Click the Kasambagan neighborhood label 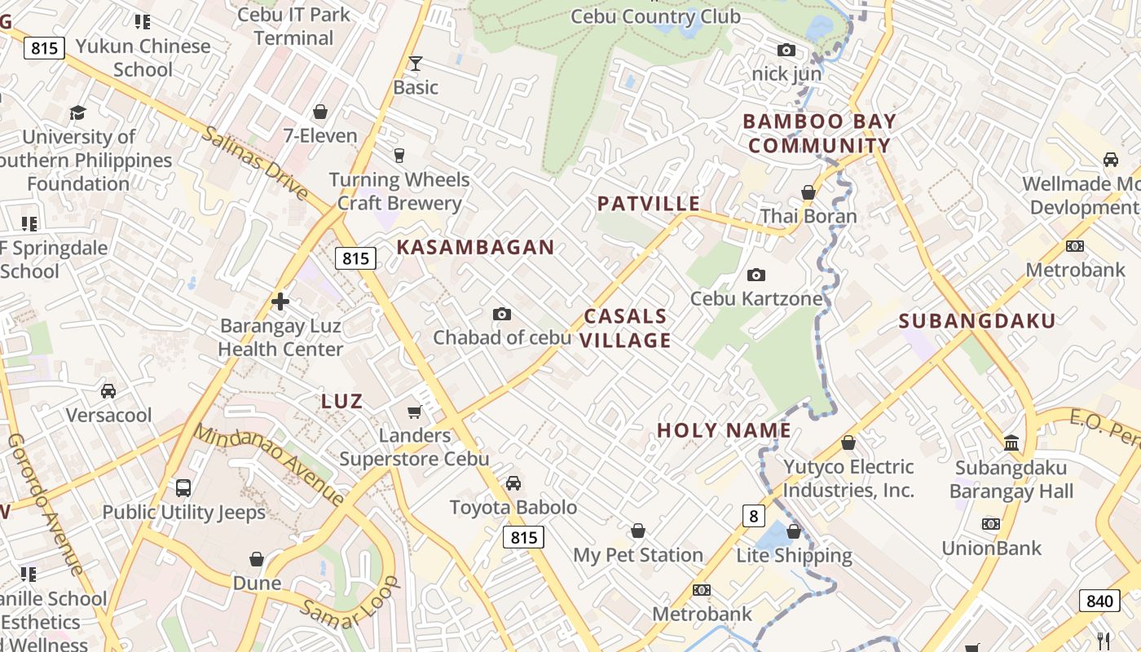(x=475, y=248)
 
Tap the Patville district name (x=648, y=204)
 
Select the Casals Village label (x=625, y=328)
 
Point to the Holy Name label (x=724, y=430)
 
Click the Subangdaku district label (x=977, y=320)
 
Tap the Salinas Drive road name (x=255, y=163)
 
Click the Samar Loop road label (x=350, y=603)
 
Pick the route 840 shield (x=1099, y=601)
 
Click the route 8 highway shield (x=754, y=516)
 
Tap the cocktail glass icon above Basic (x=416, y=64)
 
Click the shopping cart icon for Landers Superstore (x=414, y=412)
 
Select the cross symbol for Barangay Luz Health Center (x=280, y=302)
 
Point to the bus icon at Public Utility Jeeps (x=183, y=488)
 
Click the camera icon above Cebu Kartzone (x=756, y=275)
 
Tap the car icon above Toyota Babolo (x=513, y=484)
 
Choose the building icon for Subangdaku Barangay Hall (x=1011, y=443)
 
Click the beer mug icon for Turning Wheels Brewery (x=399, y=155)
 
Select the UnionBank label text (x=992, y=548)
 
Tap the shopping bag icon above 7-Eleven (x=320, y=112)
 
